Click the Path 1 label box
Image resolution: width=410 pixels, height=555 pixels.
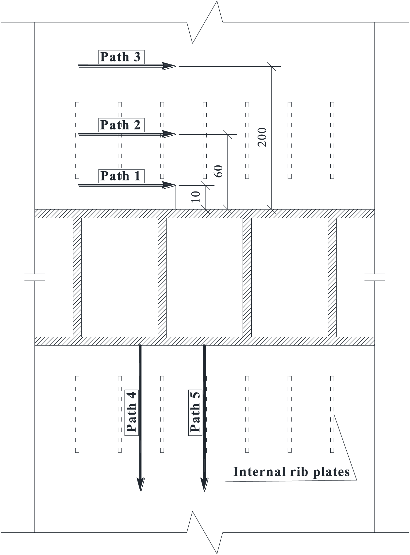coord(121,176)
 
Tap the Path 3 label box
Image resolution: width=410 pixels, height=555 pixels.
coord(121,57)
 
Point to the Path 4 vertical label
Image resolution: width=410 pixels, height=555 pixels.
coord(132,412)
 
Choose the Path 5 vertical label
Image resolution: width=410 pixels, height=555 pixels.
coord(195,412)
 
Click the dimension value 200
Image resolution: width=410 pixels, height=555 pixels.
coord(262,137)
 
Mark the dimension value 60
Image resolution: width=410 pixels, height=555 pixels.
coord(218,171)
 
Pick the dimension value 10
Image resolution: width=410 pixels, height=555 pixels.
coord(196,196)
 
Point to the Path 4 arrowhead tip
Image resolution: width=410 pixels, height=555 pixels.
coord(141,492)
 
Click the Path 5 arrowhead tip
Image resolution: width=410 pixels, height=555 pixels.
coord(204,492)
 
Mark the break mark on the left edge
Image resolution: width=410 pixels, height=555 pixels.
coord(35,277)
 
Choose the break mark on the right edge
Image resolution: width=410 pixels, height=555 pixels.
coord(375,277)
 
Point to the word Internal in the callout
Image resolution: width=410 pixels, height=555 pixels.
coord(259,472)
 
